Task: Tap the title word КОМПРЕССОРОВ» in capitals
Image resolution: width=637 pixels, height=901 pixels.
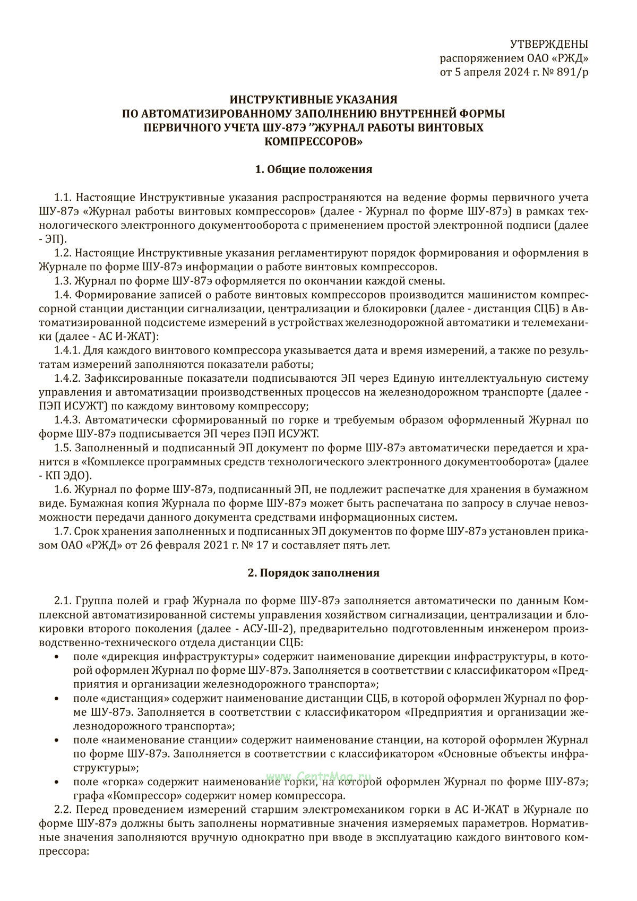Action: pos(314,141)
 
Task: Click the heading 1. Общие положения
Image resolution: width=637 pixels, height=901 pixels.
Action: pos(314,169)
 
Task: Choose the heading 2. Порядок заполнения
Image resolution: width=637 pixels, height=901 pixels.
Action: pos(314,573)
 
